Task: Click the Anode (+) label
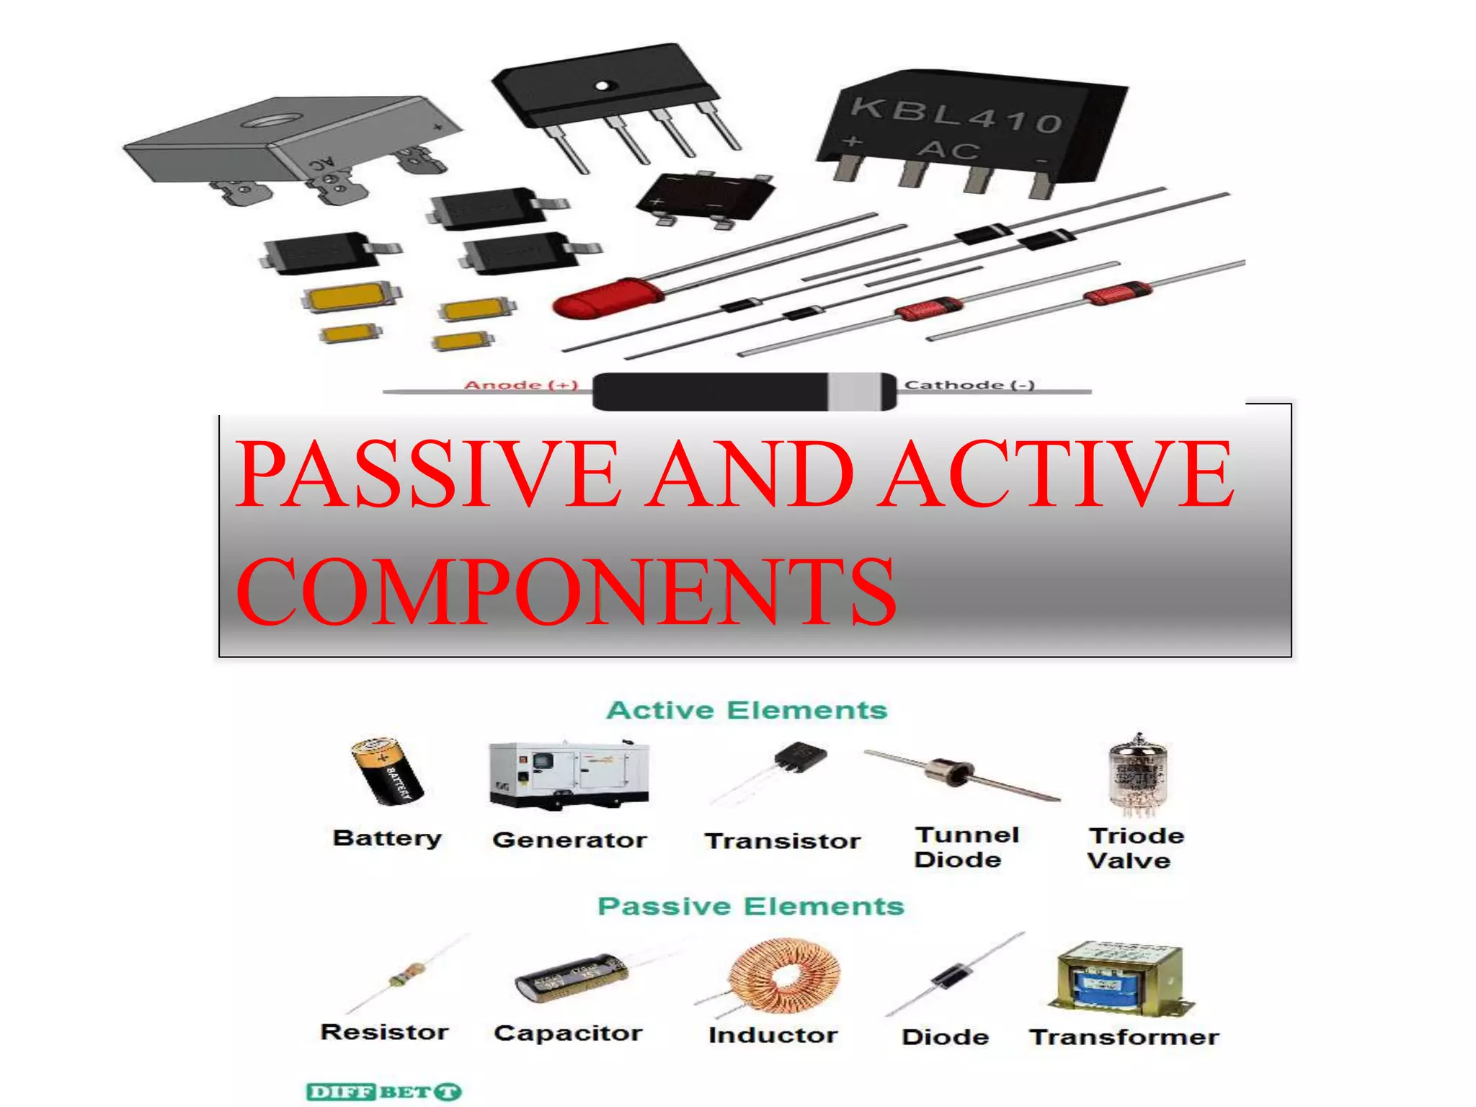click(521, 385)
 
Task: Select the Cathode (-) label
click(969, 385)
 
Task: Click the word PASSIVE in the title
click(428, 474)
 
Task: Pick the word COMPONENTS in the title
click(566, 592)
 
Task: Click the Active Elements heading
click(747, 711)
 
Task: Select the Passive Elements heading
click(750, 906)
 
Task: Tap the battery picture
click(387, 770)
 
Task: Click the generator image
click(569, 774)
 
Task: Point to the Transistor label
click(782, 841)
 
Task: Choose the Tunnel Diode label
click(966, 847)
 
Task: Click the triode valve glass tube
click(1137, 777)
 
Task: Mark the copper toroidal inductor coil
click(783, 975)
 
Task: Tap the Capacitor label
click(568, 1033)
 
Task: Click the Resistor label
click(384, 1032)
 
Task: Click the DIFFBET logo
click(383, 1092)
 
